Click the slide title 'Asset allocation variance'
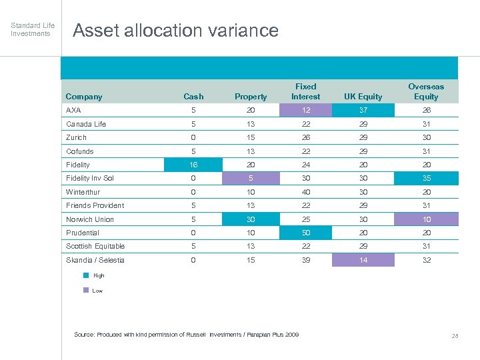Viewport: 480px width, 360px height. tap(175, 31)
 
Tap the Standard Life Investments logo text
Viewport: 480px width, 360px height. tap(33, 29)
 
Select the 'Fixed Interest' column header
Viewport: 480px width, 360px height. tap(305, 91)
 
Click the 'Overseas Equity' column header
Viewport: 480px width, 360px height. tap(426, 91)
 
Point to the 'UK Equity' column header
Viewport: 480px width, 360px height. tap(362, 97)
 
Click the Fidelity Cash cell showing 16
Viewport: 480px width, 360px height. tap(193, 165)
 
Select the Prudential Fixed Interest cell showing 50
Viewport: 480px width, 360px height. tap(305, 233)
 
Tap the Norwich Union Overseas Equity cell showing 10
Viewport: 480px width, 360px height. tap(426, 219)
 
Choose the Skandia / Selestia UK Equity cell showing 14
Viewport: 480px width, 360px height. tap(362, 260)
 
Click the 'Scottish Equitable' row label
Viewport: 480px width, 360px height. tap(95, 246)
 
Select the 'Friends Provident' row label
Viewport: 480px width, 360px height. tap(95, 205)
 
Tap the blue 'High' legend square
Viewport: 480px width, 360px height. tap(85, 275)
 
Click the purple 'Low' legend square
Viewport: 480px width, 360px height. tap(85, 290)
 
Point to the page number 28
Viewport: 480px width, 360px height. tap(455, 336)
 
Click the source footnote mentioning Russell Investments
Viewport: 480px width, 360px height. tap(186, 334)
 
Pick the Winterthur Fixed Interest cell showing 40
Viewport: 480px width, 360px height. tap(305, 192)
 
